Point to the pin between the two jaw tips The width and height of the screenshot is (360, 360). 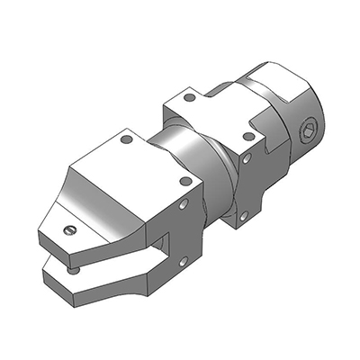click(x=73, y=267)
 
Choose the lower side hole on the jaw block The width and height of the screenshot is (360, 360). click(x=183, y=262)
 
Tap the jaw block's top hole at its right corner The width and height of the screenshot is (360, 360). click(x=185, y=181)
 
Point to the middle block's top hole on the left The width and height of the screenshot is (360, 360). click(x=189, y=97)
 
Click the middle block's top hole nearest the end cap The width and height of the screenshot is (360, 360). click(x=248, y=137)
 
